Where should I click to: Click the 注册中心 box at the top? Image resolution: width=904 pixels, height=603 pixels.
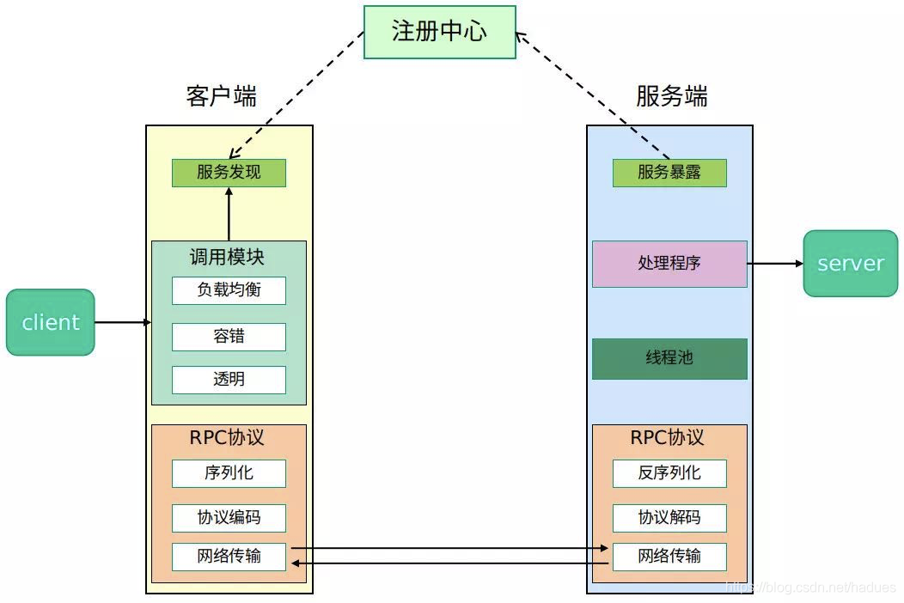439,32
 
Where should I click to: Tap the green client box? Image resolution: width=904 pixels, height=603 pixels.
50,322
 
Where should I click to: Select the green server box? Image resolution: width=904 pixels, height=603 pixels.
850,264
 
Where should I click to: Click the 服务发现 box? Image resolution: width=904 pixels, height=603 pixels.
229,173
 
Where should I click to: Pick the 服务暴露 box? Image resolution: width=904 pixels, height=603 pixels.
669,173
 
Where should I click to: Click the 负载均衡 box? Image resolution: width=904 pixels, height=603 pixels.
229,290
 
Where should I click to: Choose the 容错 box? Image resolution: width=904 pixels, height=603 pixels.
229,337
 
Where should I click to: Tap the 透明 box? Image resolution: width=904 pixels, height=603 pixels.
229,380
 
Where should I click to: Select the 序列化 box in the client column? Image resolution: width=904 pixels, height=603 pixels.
229,473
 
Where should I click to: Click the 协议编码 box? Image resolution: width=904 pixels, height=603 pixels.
229,518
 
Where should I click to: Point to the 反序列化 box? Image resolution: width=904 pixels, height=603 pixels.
669,473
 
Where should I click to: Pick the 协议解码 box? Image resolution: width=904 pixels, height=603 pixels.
669,518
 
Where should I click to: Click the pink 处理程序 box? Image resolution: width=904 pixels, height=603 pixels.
669,264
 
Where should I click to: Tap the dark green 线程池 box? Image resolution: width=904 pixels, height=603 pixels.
669,358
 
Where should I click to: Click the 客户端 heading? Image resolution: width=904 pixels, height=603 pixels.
221,96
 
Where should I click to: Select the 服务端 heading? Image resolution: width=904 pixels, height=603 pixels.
671,96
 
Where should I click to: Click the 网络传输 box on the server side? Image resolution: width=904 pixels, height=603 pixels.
669,557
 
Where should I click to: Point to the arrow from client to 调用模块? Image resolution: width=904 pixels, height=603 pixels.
122,322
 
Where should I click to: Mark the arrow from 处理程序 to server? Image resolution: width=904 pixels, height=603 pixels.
775,264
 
